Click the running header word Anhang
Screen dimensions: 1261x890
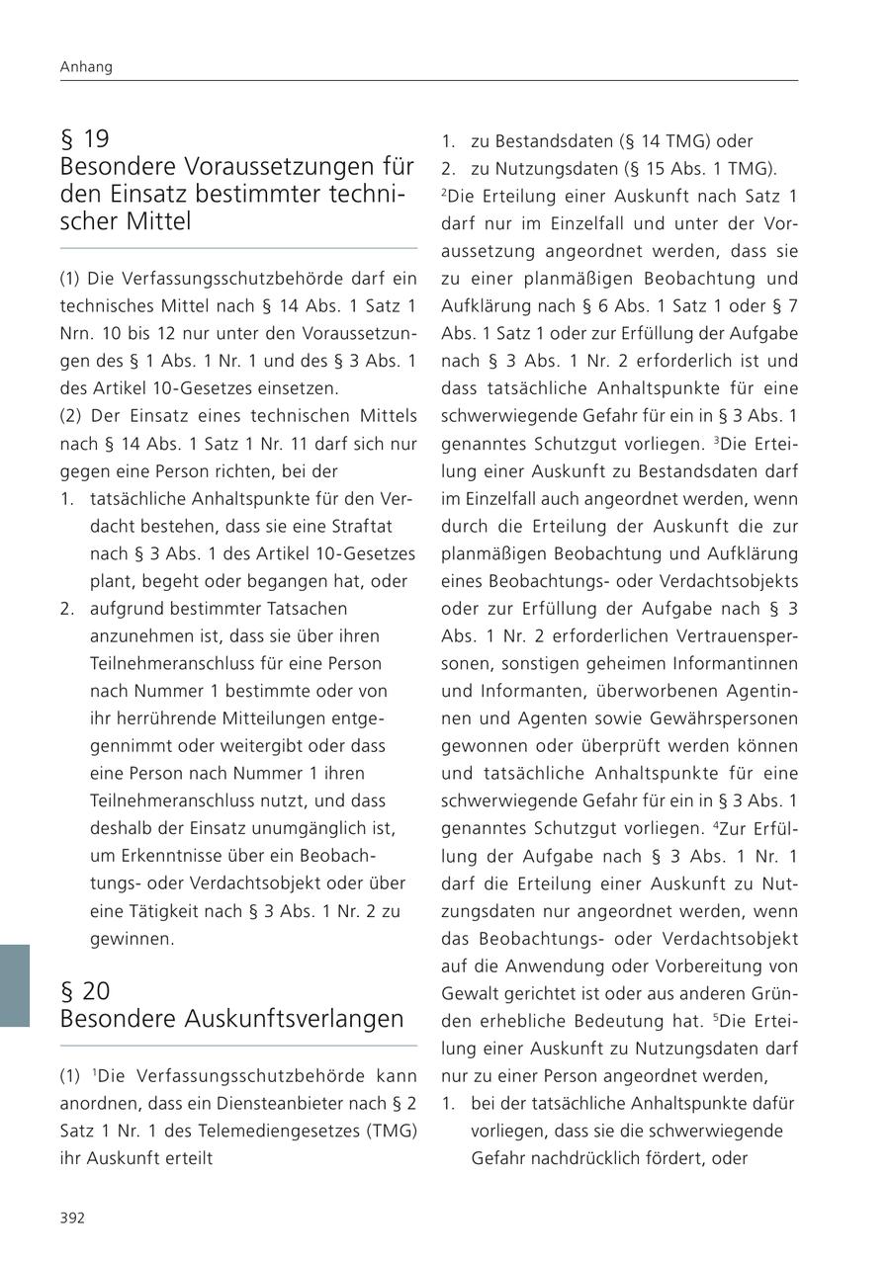pyautogui.click(x=86, y=67)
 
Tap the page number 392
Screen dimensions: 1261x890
pyautogui.click(x=72, y=1218)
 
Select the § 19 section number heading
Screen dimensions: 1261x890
pyautogui.click(x=85, y=139)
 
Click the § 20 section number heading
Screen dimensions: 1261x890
pyautogui.click(x=85, y=991)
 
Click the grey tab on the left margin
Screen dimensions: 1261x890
pyautogui.click(x=15, y=985)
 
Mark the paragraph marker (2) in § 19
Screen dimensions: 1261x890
pyautogui.click(x=71, y=416)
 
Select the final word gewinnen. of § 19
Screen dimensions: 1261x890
pyautogui.click(x=133, y=939)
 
